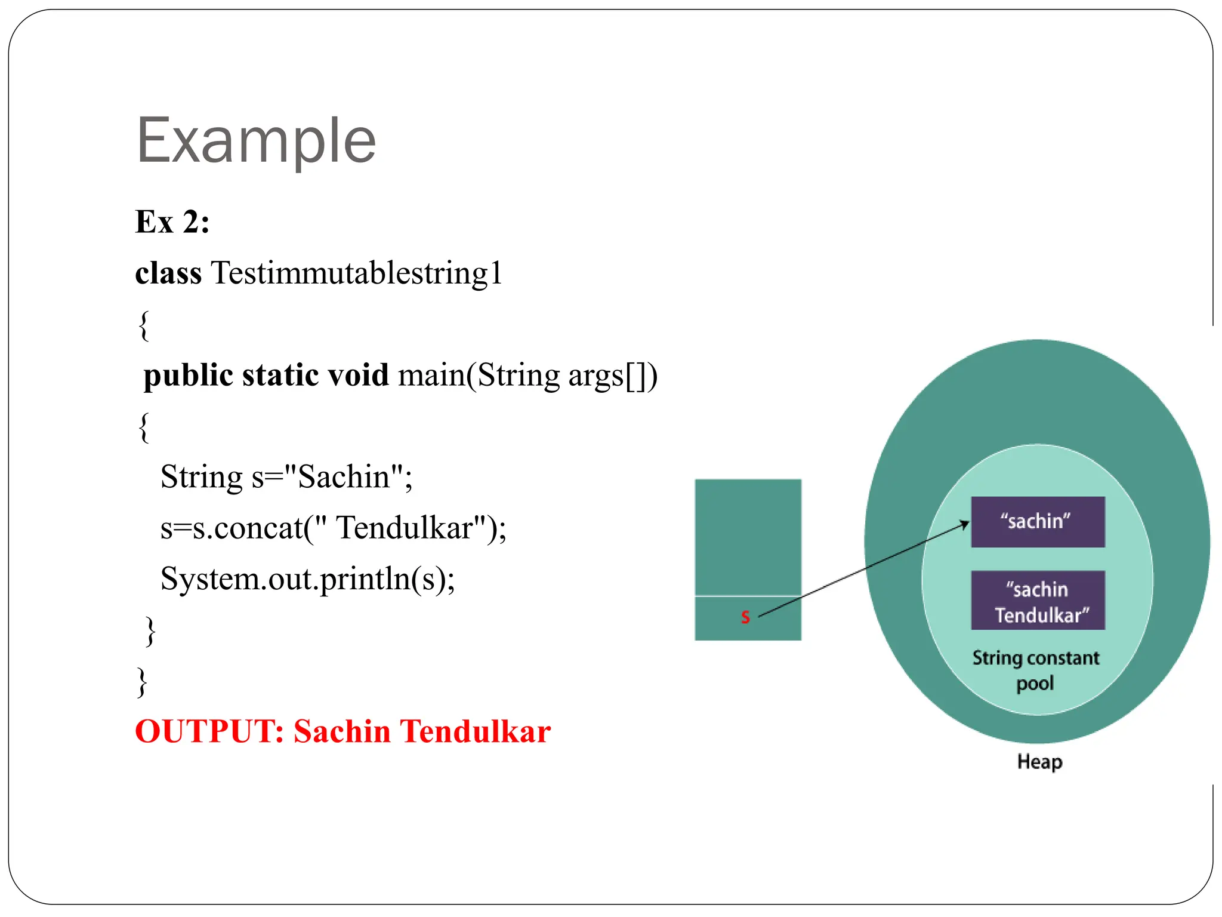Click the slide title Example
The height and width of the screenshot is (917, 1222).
point(256,140)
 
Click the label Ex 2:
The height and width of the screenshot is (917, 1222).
point(172,221)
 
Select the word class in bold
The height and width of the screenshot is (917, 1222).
point(168,273)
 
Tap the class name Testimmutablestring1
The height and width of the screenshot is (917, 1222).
point(356,273)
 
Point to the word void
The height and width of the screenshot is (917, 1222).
point(358,376)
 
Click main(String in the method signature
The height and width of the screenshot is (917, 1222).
point(479,376)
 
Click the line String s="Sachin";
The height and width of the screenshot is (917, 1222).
point(286,477)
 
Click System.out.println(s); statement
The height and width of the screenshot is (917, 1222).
point(307,579)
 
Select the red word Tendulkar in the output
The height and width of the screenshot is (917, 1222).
point(476,731)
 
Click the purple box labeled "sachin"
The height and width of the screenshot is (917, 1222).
point(1037,521)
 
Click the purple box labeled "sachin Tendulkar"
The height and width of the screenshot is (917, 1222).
point(1037,601)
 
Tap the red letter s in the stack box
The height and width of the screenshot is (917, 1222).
point(745,617)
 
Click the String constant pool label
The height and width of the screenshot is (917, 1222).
point(1035,670)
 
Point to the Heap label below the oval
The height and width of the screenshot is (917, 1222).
point(1039,762)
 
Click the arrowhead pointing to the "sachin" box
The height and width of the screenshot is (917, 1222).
point(965,524)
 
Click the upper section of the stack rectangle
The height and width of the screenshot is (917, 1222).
point(748,537)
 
